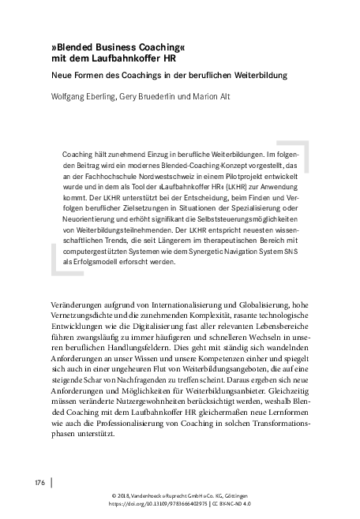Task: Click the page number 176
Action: pyautogui.click(x=38, y=480)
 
